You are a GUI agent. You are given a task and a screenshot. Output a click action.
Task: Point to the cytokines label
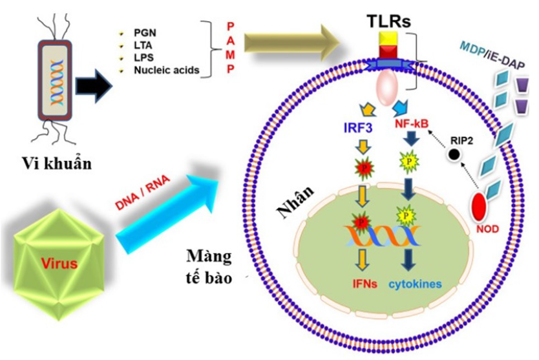415,284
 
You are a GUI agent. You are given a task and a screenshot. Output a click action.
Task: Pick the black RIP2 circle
454,155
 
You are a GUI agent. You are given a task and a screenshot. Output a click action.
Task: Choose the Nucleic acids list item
167,70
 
